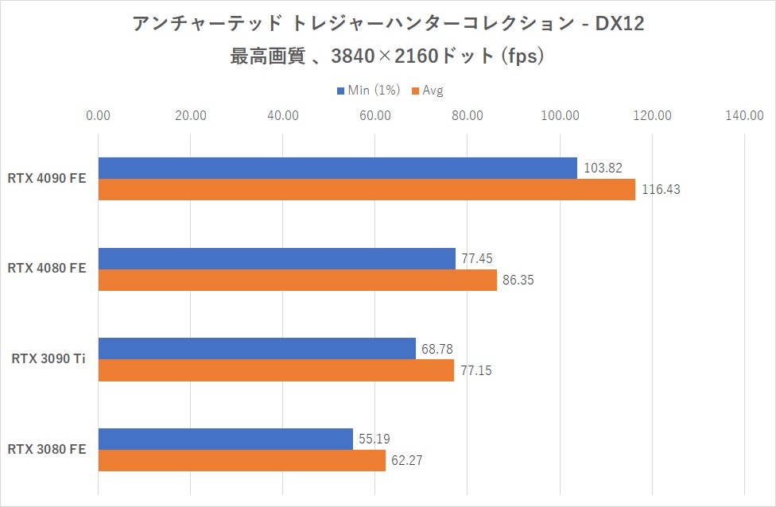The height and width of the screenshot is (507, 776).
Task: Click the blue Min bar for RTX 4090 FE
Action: click(337, 168)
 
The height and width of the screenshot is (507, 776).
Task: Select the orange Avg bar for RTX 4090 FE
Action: click(366, 189)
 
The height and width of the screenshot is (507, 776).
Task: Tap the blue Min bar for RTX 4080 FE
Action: click(277, 258)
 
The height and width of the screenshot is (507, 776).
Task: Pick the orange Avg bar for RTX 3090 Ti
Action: click(275, 370)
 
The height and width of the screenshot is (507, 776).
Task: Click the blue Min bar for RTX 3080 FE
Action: click(225, 439)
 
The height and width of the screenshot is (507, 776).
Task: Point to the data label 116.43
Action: click(662, 190)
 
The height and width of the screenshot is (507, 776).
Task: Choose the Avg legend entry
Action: click(433, 91)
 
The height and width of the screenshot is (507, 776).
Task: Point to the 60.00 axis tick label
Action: click(374, 116)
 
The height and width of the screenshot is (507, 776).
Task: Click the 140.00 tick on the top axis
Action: click(744, 116)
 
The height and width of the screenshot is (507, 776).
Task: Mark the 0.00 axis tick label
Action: click(99, 116)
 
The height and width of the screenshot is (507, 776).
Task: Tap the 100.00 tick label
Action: click(560, 116)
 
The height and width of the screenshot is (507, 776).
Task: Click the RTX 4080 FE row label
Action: click(46, 269)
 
